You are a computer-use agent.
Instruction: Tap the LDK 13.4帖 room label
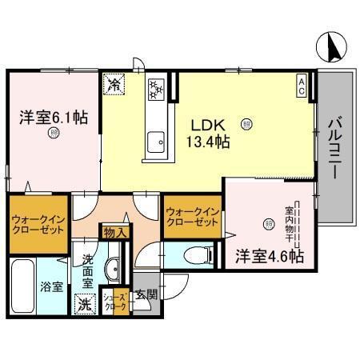coord(210,133)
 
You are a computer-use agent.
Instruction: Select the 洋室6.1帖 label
coord(54,116)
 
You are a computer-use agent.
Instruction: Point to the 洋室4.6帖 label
coord(270,258)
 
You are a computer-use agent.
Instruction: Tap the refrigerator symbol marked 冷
coord(114,83)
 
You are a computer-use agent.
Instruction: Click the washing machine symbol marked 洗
coord(84,303)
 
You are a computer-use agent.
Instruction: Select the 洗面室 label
coord(87,271)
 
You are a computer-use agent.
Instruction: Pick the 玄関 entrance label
coord(145,294)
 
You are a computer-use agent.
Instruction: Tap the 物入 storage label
coord(115,232)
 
